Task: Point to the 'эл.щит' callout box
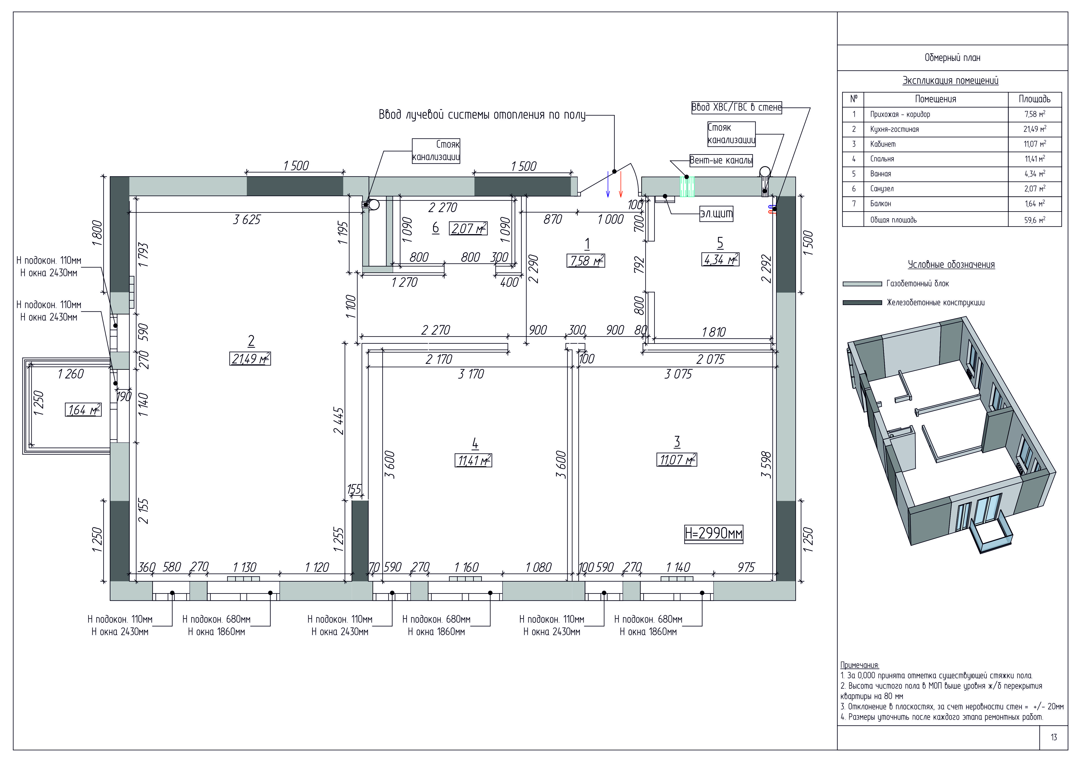tap(716, 214)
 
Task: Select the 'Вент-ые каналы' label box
tap(721, 160)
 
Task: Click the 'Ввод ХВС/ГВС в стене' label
tap(736, 107)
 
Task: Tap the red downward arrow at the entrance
tap(621, 184)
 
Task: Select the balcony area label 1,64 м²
tap(83, 410)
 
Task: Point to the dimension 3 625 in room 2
tap(247, 219)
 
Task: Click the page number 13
tap(1054, 737)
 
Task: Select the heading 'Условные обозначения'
tap(951, 265)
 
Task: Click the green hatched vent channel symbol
tap(687, 187)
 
